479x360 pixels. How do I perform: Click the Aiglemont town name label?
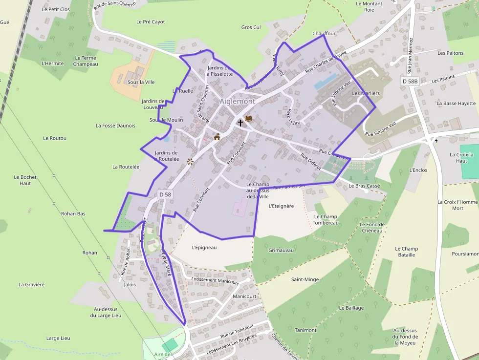pos(237,101)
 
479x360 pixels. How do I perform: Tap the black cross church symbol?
pos(240,123)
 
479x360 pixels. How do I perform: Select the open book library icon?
pos(248,119)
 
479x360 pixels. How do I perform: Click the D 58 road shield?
pos(165,194)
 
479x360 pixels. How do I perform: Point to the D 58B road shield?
pos(410,81)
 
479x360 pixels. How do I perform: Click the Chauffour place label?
pos(324,34)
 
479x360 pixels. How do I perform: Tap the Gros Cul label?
pos(251,27)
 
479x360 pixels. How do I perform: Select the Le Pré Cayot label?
pos(151,22)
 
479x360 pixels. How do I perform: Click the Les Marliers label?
pos(366,93)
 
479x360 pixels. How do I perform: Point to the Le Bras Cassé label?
pos(364,186)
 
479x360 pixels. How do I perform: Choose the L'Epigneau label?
pos(204,247)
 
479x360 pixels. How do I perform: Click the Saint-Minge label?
pos(305,279)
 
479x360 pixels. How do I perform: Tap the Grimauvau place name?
pos(281,250)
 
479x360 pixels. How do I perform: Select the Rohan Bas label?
pos(73,213)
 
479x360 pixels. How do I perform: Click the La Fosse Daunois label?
pos(115,126)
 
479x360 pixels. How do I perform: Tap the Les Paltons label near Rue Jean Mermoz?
pos(450,53)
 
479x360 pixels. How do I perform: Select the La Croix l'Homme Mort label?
pos(457,205)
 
